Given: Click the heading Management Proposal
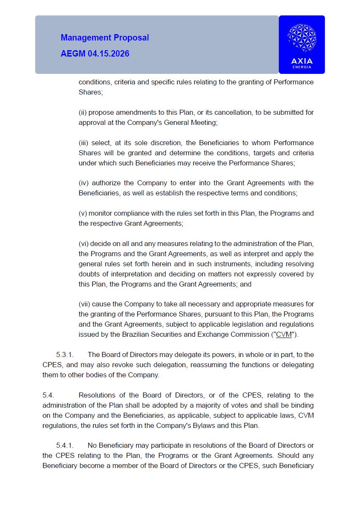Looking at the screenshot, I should [x=105, y=38].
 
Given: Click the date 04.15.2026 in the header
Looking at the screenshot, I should [x=108, y=54].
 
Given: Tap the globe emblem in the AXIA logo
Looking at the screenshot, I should [x=302, y=38].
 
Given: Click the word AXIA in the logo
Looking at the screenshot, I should [x=302, y=61].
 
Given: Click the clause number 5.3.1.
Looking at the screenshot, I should [x=65, y=354].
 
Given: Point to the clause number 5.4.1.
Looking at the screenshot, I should [x=65, y=445].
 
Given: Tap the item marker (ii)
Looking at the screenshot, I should [x=83, y=112].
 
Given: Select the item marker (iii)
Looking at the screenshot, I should [x=84, y=143].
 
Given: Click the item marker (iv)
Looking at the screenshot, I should [x=84, y=183].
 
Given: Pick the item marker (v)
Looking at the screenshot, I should [x=83, y=213].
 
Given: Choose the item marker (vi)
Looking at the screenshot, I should [x=84, y=243].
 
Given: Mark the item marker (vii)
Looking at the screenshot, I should [x=84, y=304].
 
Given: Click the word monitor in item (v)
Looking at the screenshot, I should [x=101, y=213].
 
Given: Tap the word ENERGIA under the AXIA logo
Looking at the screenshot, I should [x=302, y=67].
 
